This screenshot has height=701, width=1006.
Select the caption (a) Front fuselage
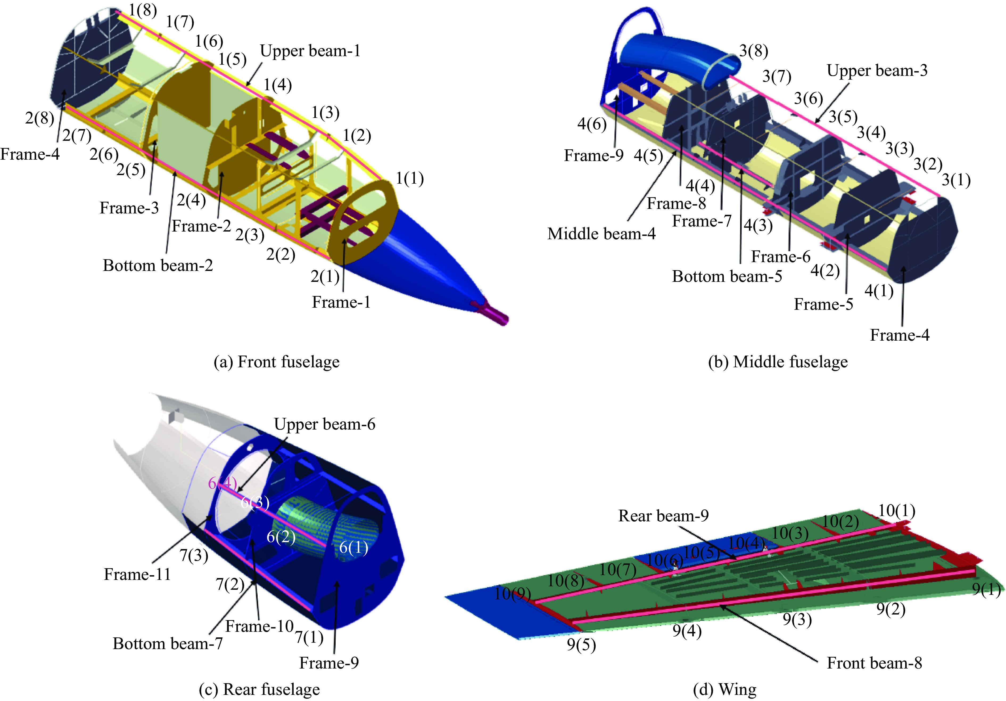click(277, 362)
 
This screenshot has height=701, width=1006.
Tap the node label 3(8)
click(754, 51)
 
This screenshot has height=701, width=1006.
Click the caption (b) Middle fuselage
click(778, 362)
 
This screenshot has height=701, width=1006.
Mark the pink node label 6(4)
click(222, 483)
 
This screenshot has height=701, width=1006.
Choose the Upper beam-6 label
click(324, 424)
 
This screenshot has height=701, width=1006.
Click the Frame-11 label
click(137, 574)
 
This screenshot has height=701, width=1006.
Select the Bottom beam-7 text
click(167, 644)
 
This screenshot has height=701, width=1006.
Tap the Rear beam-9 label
click(663, 516)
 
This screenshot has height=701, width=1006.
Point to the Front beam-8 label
click(874, 663)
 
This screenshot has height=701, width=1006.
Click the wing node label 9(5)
click(581, 645)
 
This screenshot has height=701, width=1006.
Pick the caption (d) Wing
click(725, 690)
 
